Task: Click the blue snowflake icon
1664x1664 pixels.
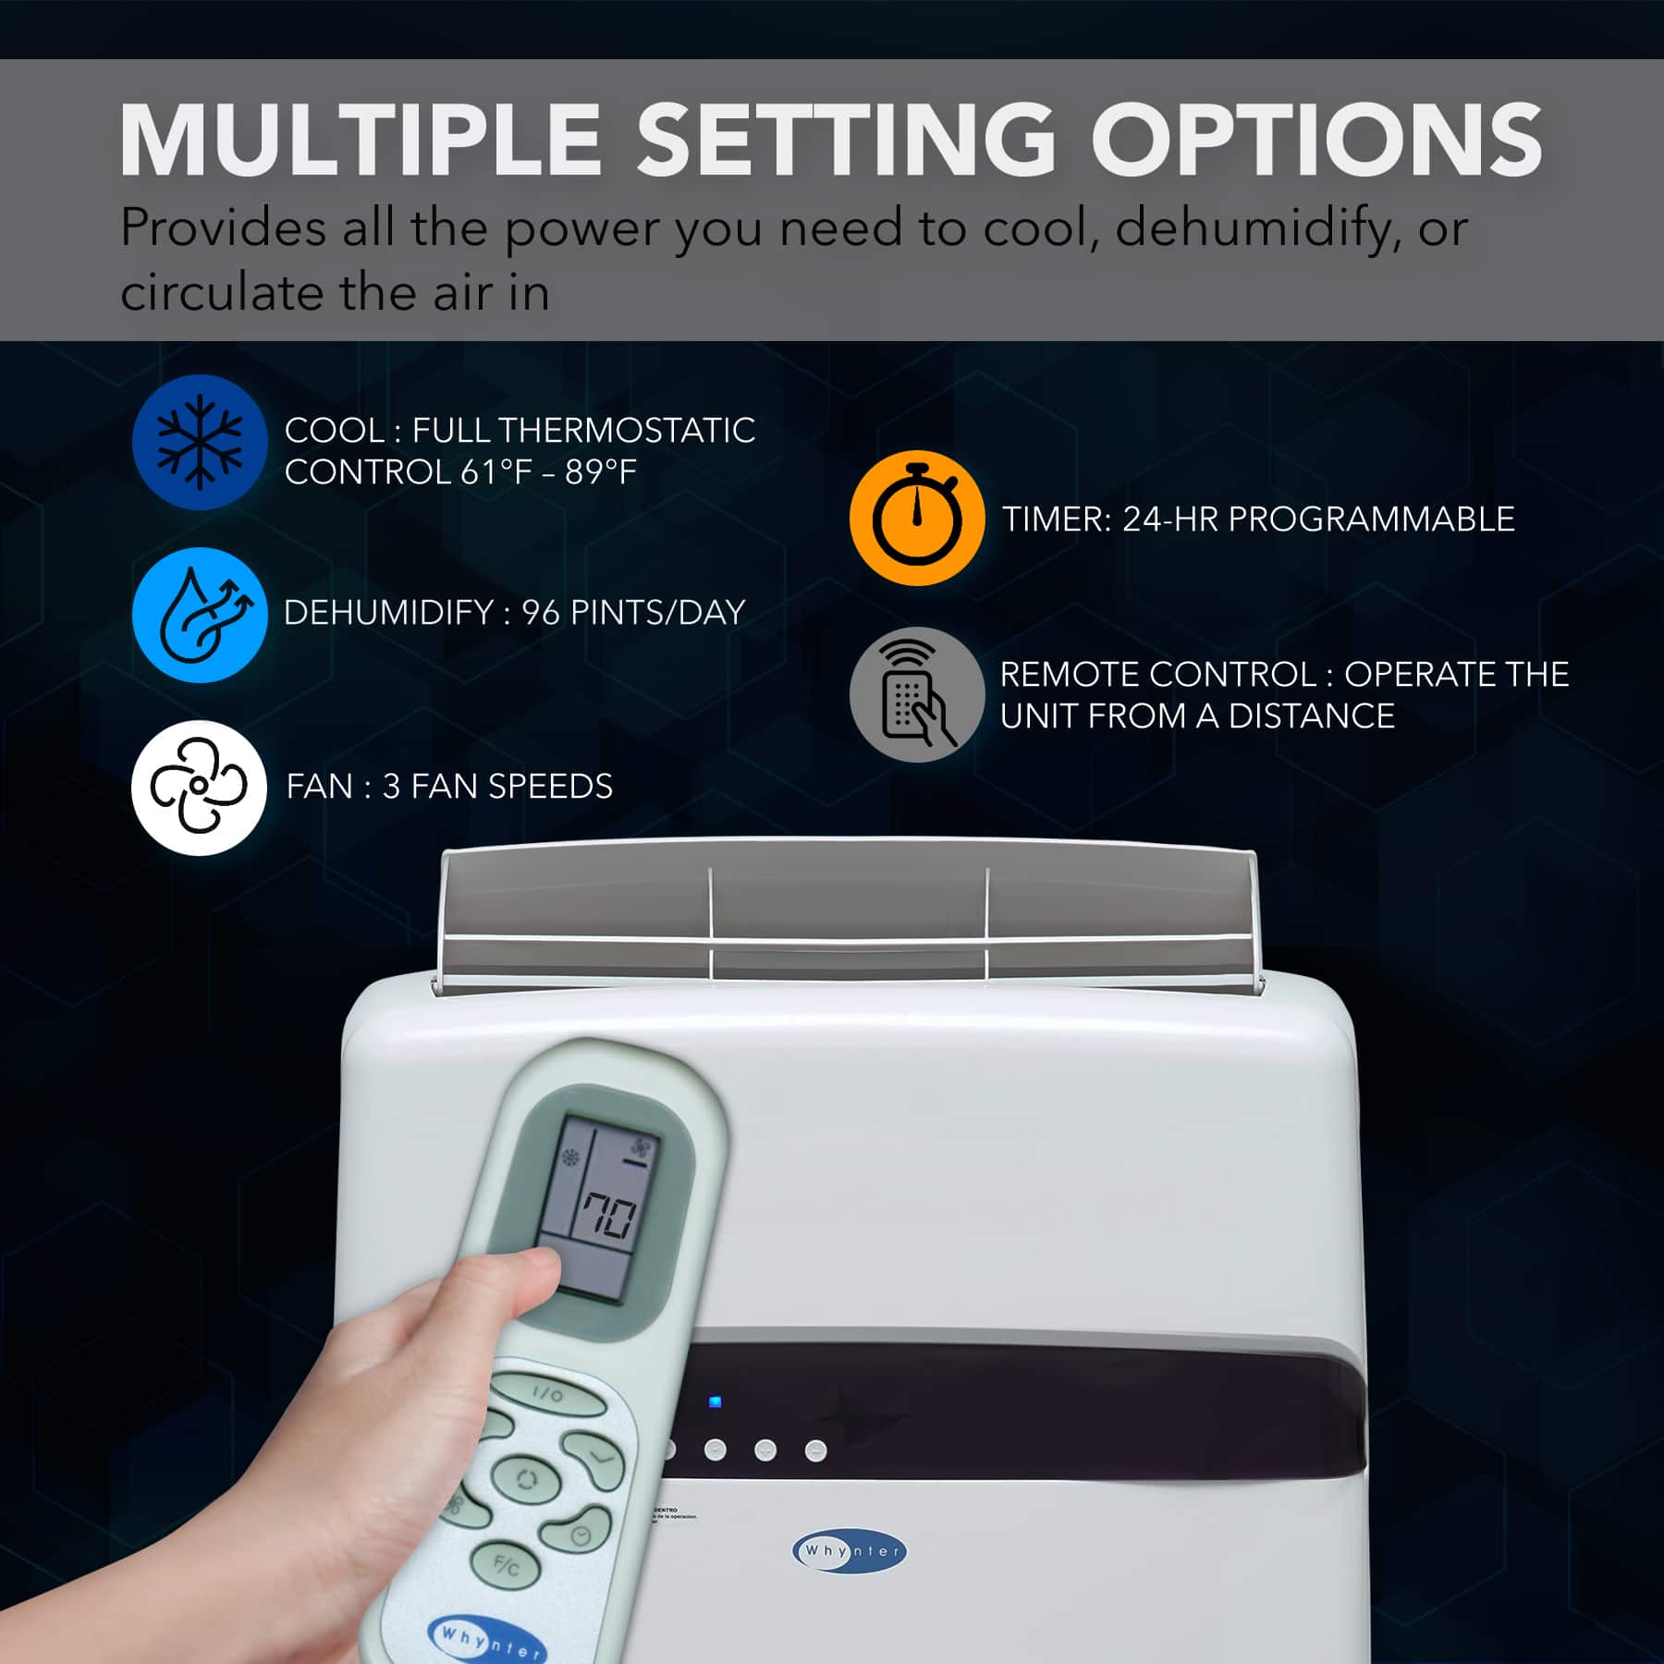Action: pyautogui.click(x=200, y=442)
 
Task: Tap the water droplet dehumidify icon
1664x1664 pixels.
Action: pyautogui.click(x=200, y=615)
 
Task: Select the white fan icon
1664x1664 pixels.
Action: pyautogui.click(x=199, y=788)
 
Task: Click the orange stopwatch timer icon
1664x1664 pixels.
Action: pyautogui.click(x=917, y=519)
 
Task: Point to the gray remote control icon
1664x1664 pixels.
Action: pyautogui.click(x=917, y=694)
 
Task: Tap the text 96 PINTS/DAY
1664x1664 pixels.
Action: pyautogui.click(x=633, y=613)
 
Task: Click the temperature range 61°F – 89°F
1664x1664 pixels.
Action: pyautogui.click(x=548, y=472)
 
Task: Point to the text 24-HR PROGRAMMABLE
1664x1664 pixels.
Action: pyautogui.click(x=1318, y=520)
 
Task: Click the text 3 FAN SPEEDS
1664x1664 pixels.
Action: pyautogui.click(x=497, y=787)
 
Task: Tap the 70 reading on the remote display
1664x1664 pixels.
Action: pyautogui.click(x=608, y=1218)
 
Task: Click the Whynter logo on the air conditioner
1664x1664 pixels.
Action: pyautogui.click(x=850, y=1550)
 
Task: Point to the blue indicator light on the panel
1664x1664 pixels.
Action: pyautogui.click(x=715, y=1402)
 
